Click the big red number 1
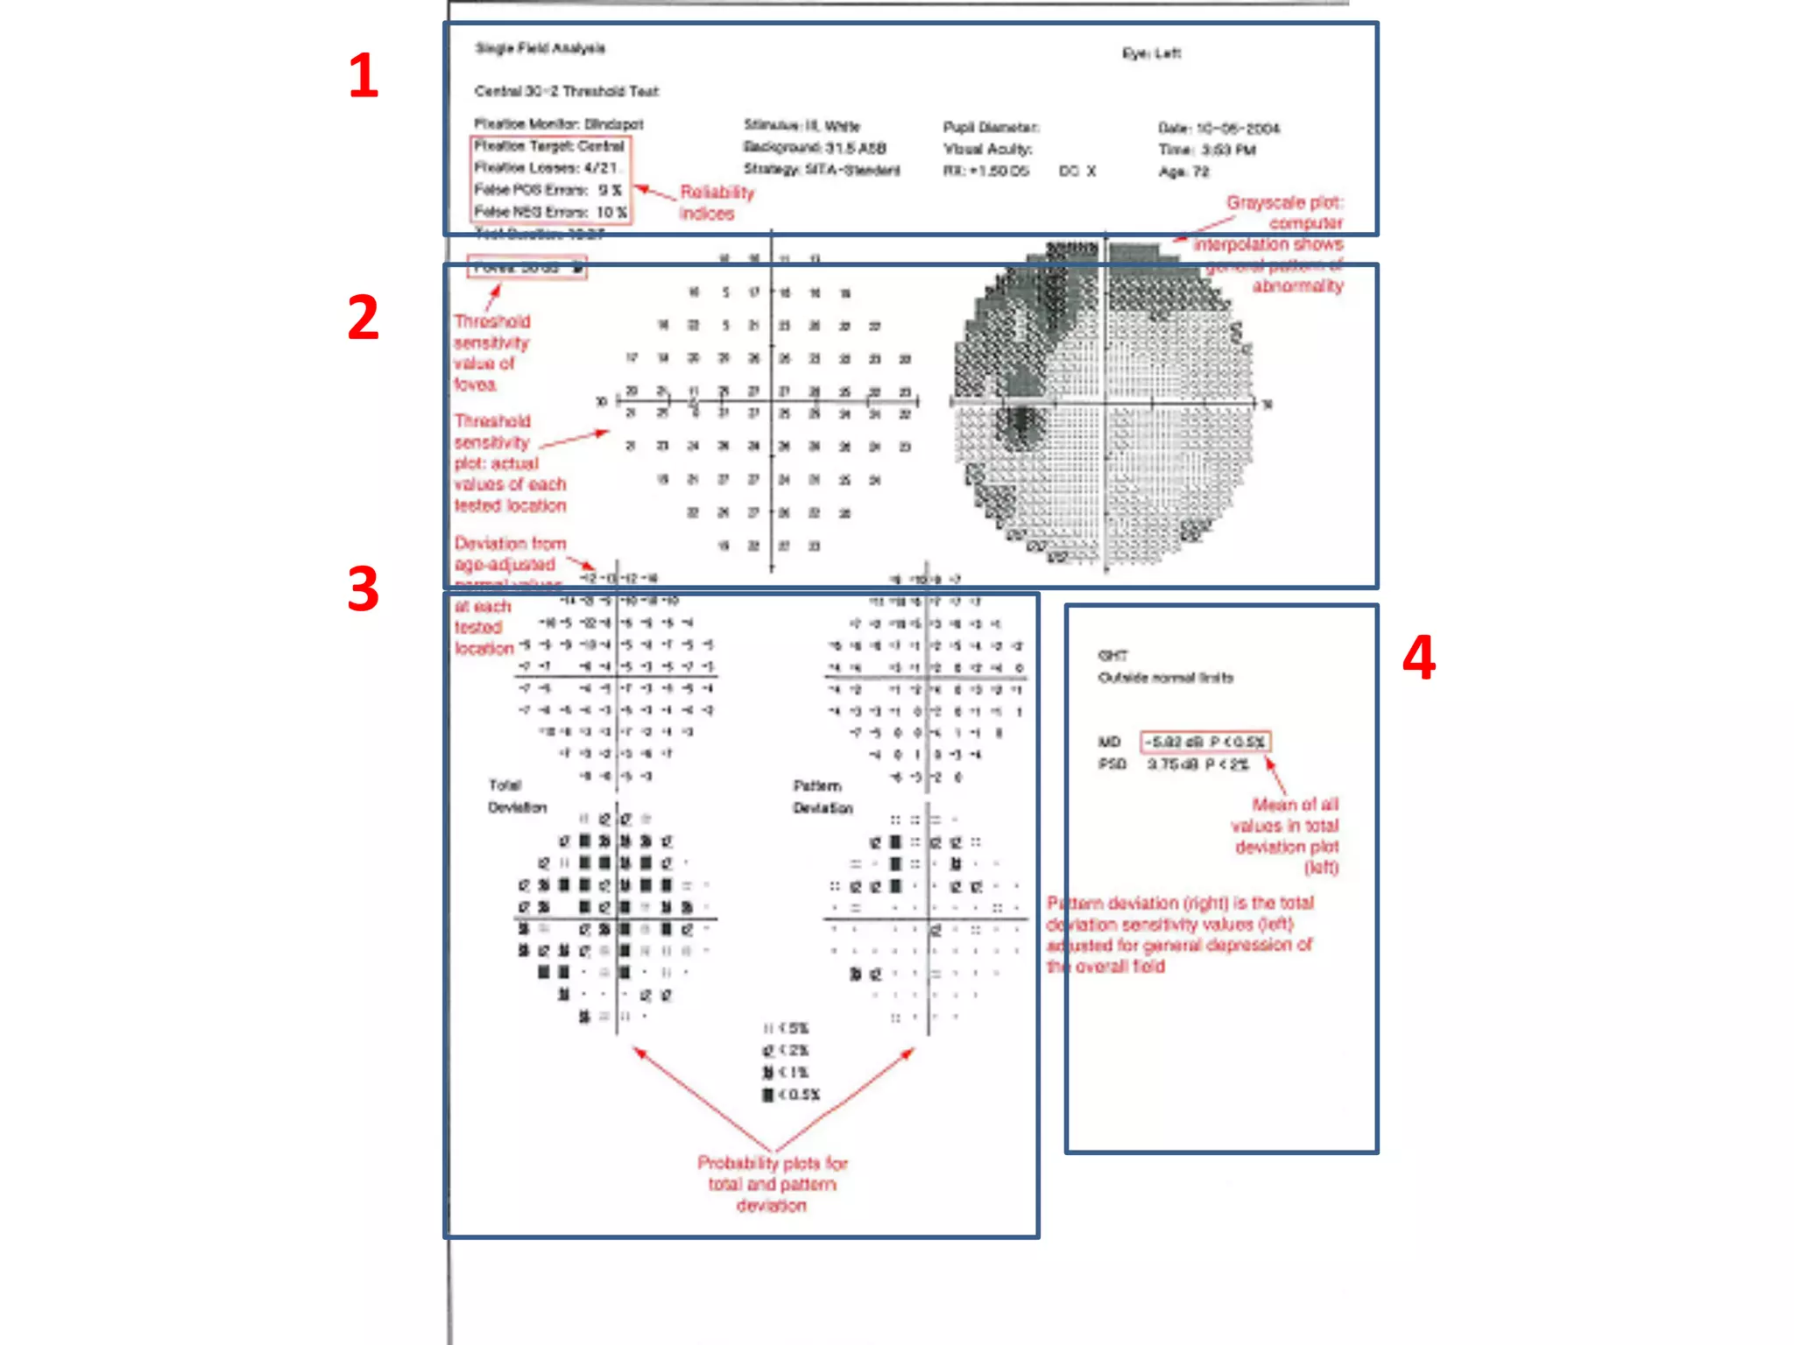pyautogui.click(x=364, y=76)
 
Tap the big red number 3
pyautogui.click(x=364, y=588)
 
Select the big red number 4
pyautogui.click(x=1418, y=658)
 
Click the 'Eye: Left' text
pyautogui.click(x=1151, y=53)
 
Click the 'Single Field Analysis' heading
pyautogui.click(x=540, y=48)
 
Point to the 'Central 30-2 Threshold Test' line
pyautogui.click(x=566, y=91)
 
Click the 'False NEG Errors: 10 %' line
pyautogui.click(x=550, y=212)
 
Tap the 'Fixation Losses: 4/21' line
pyautogui.click(x=547, y=167)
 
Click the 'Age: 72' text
pyautogui.click(x=1183, y=172)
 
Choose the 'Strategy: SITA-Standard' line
pyautogui.click(x=822, y=170)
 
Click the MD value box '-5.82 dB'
pyautogui.click(x=1204, y=742)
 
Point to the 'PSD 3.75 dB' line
pyautogui.click(x=1174, y=764)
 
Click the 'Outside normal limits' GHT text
pyautogui.click(x=1165, y=678)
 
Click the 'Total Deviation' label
pyautogui.click(x=516, y=796)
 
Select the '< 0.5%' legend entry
pyautogui.click(x=792, y=1095)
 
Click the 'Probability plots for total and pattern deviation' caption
pyautogui.click(x=772, y=1184)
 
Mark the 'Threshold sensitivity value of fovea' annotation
pyautogui.click(x=491, y=353)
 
